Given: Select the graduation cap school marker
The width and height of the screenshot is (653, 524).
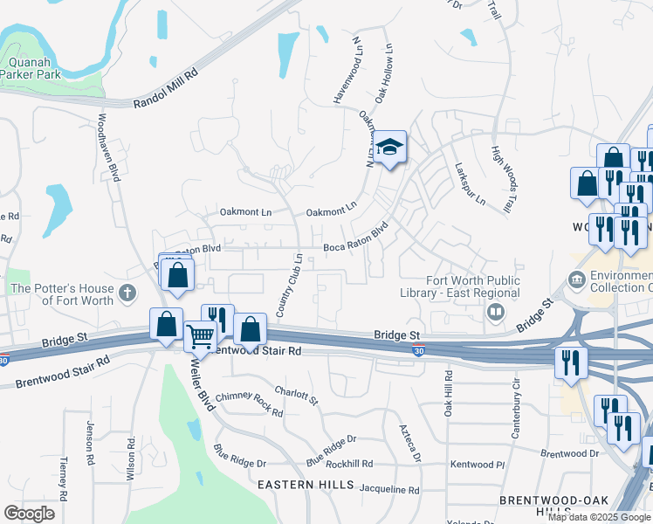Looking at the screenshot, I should click(x=390, y=148).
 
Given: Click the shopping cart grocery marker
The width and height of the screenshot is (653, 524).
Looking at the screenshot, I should click(x=200, y=335).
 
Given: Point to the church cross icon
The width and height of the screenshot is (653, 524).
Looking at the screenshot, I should click(x=128, y=293).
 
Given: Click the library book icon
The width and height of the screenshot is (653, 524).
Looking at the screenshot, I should click(x=495, y=312).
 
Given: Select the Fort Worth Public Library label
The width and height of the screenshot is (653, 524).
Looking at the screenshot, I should click(x=472, y=286).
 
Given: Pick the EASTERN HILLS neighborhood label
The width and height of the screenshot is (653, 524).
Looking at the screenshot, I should click(x=283, y=483).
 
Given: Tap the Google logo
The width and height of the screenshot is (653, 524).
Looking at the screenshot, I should click(x=29, y=514).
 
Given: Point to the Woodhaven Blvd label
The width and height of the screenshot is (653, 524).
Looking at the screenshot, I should click(x=108, y=147).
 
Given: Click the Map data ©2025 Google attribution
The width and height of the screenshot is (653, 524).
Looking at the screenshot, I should click(x=599, y=517).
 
